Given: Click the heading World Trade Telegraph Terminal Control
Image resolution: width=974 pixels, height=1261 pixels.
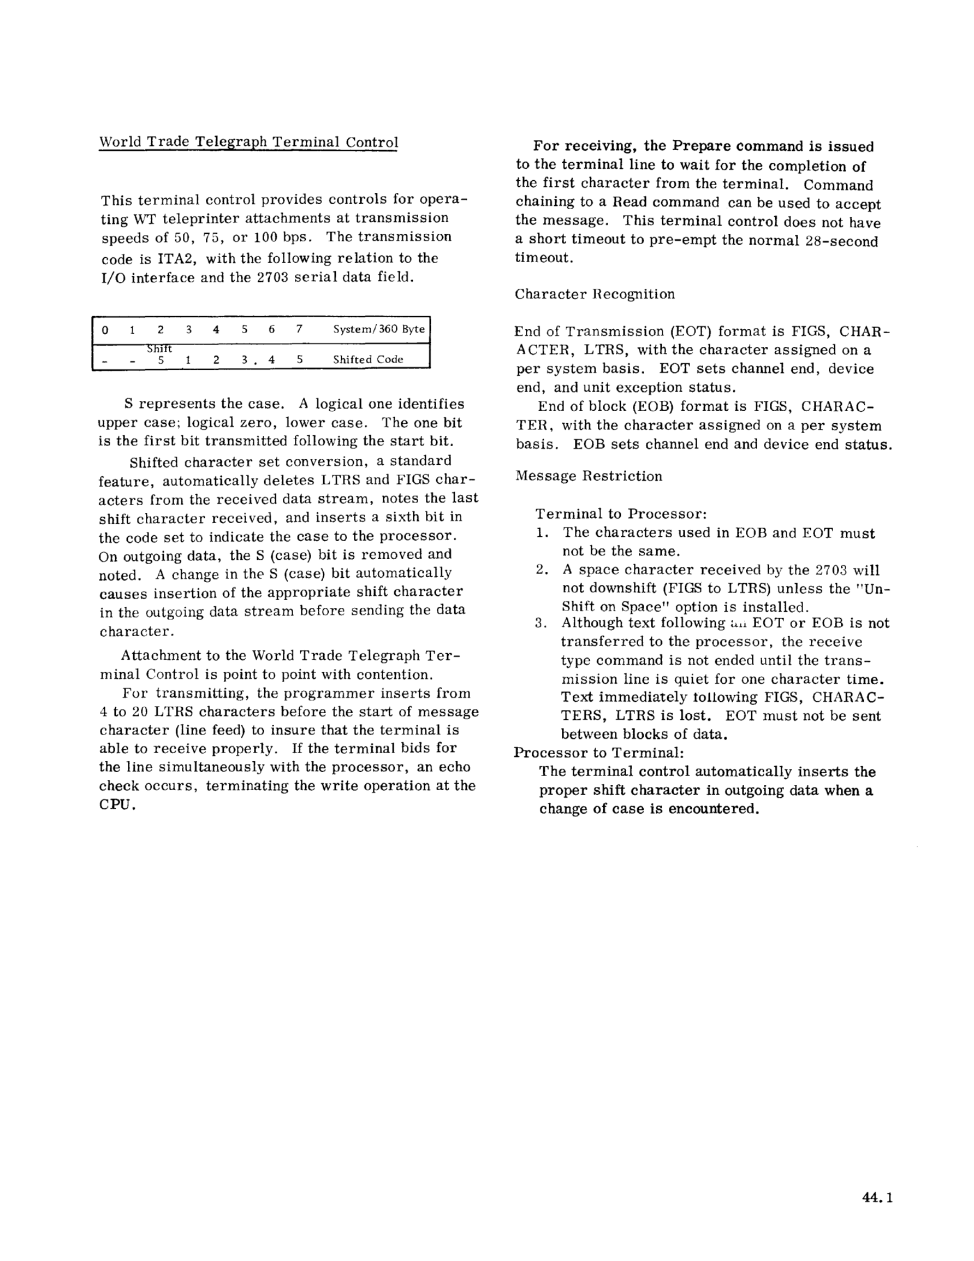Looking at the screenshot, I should click(x=248, y=142).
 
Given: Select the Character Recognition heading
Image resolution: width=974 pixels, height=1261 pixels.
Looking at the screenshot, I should click(x=595, y=294).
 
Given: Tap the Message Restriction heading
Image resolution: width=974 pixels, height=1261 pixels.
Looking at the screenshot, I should click(x=589, y=476).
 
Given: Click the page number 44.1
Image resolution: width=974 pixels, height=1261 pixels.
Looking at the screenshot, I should click(x=877, y=1198).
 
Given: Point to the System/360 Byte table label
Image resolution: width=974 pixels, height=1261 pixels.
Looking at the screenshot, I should click(x=379, y=329).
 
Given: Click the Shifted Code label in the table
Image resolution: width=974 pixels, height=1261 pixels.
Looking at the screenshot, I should click(x=368, y=359).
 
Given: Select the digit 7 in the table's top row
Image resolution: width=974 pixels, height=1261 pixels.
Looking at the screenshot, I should click(x=299, y=330).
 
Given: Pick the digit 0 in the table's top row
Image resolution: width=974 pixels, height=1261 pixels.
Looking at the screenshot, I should click(x=104, y=330).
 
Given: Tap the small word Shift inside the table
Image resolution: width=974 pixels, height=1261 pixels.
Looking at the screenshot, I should click(x=159, y=349).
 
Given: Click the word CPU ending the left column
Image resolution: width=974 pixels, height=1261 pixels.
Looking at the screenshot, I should click(x=116, y=804).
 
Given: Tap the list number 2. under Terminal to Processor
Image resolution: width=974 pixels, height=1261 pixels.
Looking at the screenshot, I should click(x=542, y=570).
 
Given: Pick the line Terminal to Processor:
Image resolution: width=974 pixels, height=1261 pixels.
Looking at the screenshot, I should click(x=621, y=514).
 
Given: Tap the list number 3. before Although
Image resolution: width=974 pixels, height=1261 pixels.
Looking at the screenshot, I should click(x=541, y=623).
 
